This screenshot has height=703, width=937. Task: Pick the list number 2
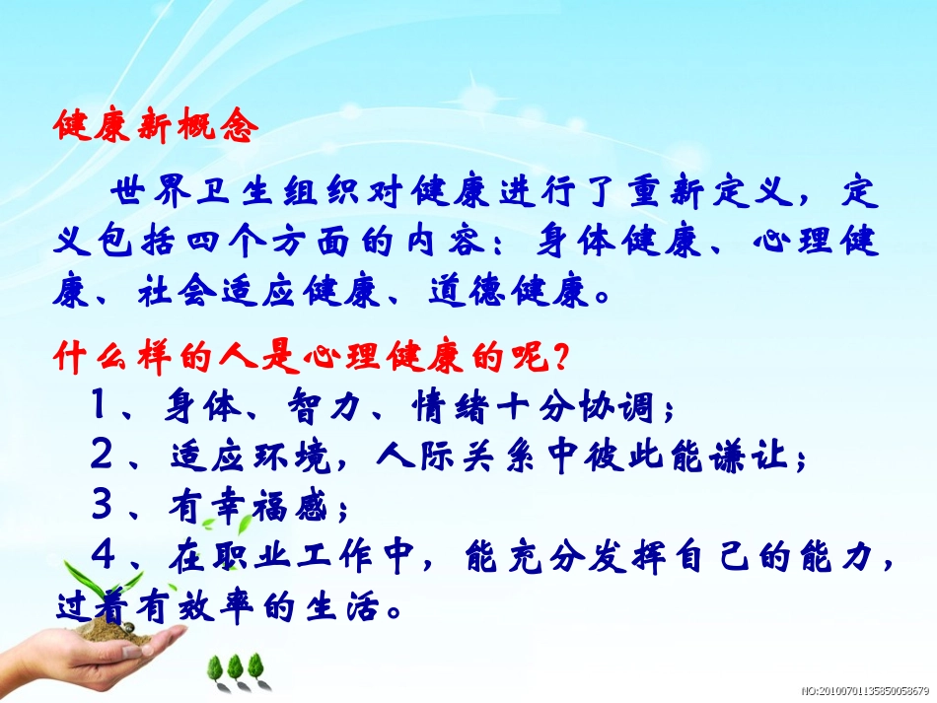pos(101,457)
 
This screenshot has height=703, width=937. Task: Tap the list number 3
pos(101,506)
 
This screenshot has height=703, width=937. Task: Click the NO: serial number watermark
pos(864,692)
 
